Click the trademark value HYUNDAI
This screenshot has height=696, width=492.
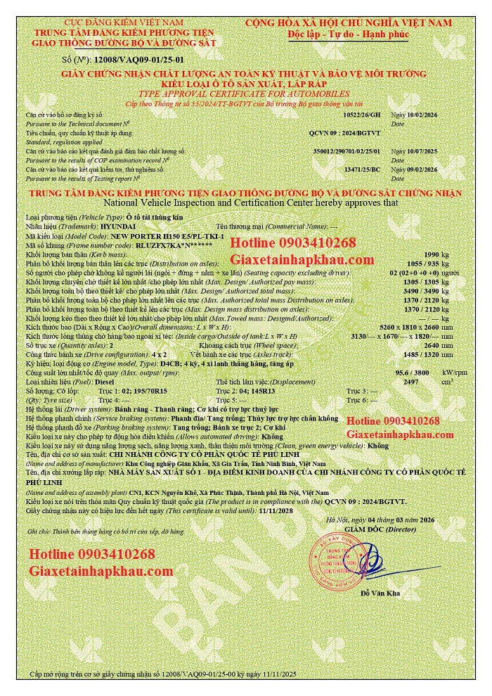tap(100, 226)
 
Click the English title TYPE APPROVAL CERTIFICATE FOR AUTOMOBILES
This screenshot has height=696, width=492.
tap(243, 94)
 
